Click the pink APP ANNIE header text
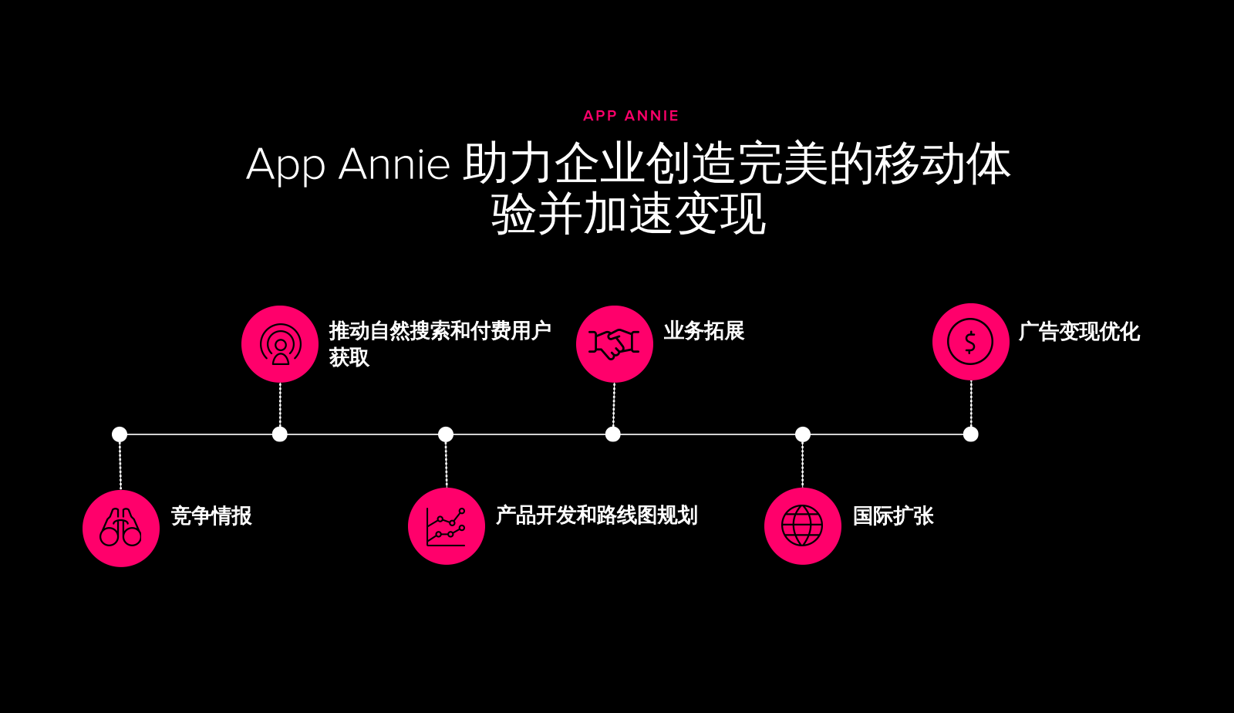click(x=631, y=116)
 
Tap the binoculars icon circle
click(x=121, y=528)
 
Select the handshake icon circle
click(x=615, y=343)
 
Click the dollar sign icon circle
click(x=970, y=342)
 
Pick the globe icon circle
click(x=802, y=526)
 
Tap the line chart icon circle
click(x=447, y=526)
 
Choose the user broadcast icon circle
click(x=280, y=343)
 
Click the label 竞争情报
click(x=211, y=515)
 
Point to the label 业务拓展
click(x=703, y=331)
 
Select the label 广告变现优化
click(x=1078, y=332)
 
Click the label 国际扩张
click(x=893, y=515)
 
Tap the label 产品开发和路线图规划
click(x=596, y=515)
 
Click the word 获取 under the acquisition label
click(x=349, y=357)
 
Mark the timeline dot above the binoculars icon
click(x=120, y=434)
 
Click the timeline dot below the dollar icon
click(x=971, y=434)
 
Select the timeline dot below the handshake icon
click(x=613, y=434)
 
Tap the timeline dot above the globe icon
click(x=803, y=434)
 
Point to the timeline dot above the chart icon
click(x=446, y=434)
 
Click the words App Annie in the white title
click(x=348, y=164)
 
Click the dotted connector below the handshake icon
click(x=614, y=404)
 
